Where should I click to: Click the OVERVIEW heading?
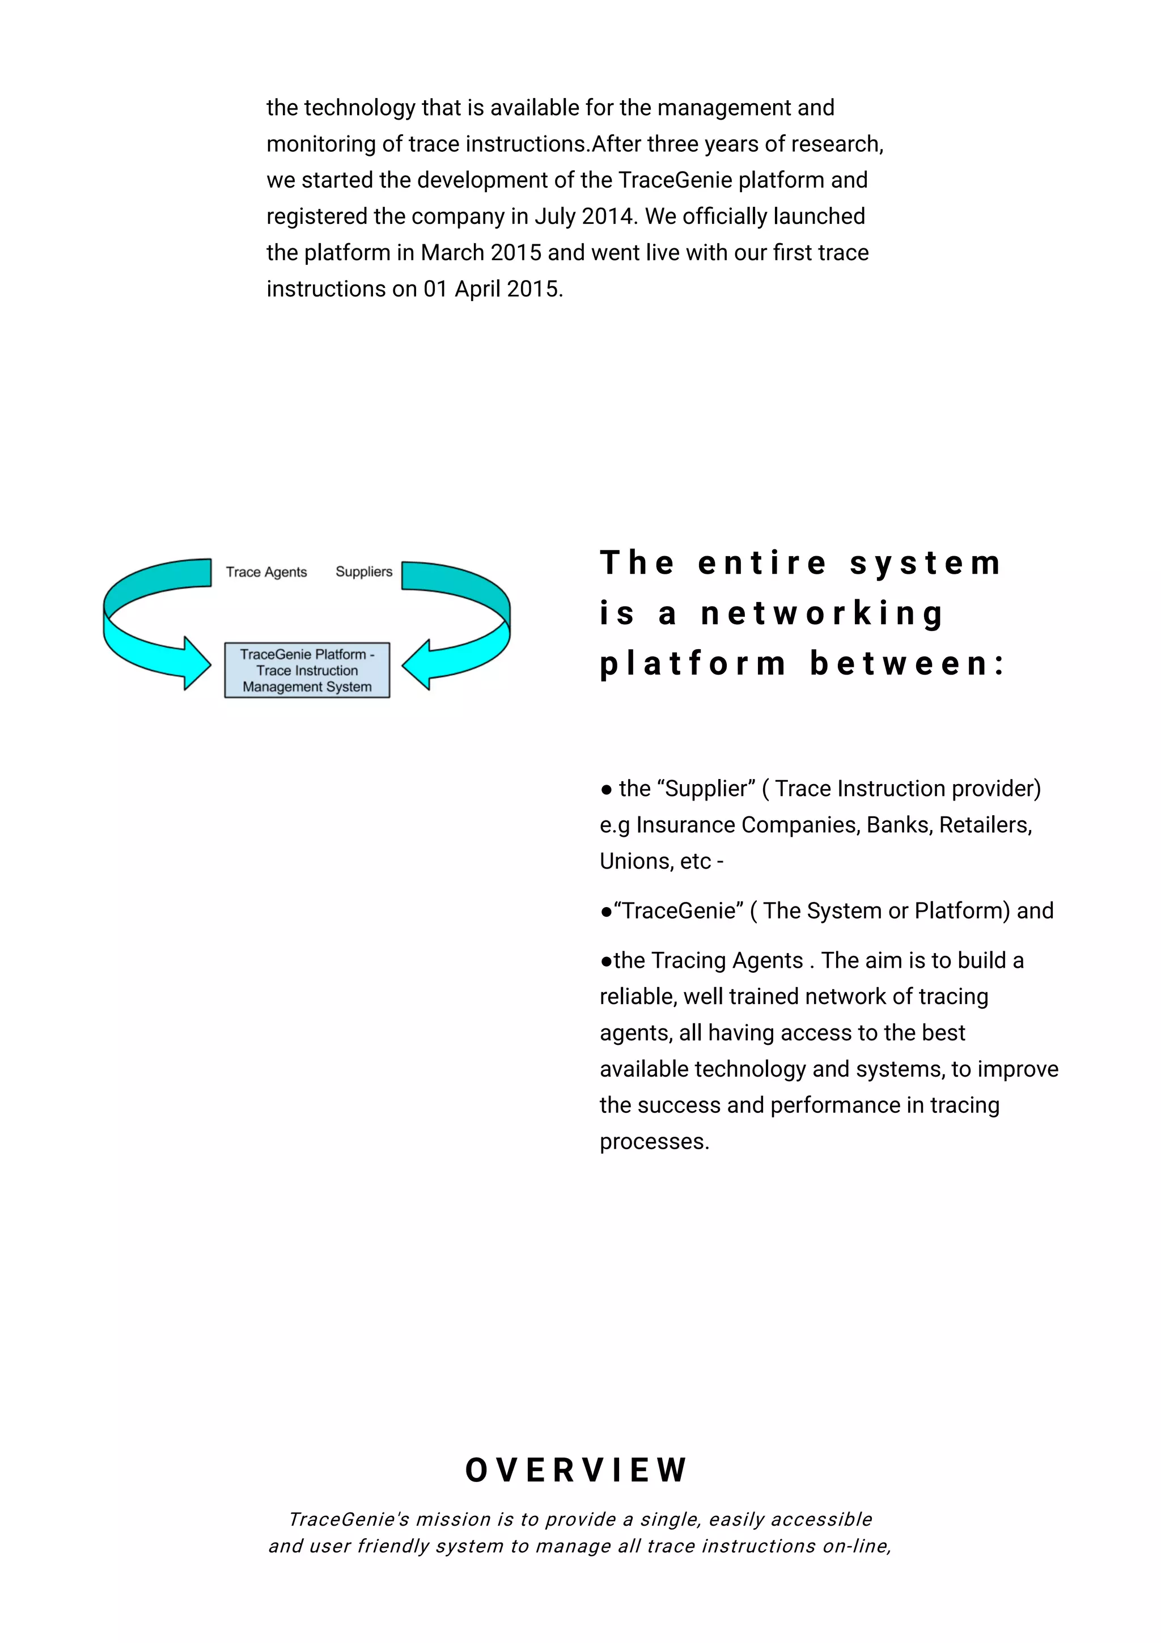[x=576, y=1471]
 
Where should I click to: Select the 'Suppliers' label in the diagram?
[x=364, y=571]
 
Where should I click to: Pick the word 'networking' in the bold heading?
[x=823, y=613]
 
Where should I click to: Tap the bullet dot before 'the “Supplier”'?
[x=607, y=790]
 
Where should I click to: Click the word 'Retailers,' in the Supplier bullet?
[x=986, y=825]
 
